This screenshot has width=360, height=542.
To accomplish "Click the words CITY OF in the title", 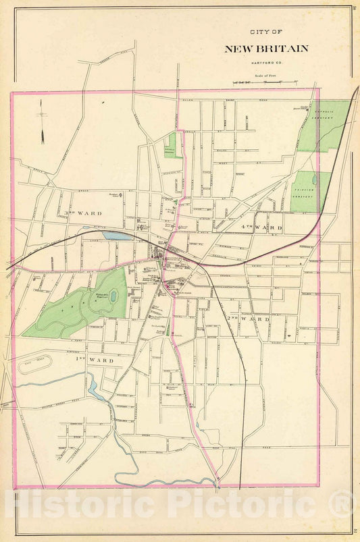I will [x=266, y=32].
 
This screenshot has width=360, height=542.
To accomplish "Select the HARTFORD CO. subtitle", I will [x=266, y=63].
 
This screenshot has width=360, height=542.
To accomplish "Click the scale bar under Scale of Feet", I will [x=266, y=82].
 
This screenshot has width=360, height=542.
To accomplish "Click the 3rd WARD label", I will [x=82, y=213].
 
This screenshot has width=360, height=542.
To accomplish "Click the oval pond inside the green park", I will [x=113, y=295].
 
